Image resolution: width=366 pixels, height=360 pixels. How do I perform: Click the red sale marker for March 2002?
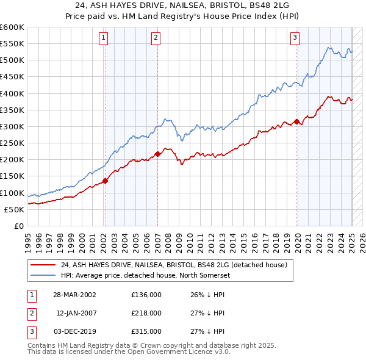click(x=105, y=181)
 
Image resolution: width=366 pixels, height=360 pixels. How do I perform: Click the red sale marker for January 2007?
click(x=157, y=154)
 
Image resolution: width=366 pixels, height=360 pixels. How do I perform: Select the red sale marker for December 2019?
click(x=297, y=121)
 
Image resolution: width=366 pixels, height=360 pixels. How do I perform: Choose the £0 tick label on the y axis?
click(x=18, y=226)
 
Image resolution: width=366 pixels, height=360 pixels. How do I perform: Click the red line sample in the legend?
click(x=43, y=265)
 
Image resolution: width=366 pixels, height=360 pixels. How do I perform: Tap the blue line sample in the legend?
click(x=43, y=275)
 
